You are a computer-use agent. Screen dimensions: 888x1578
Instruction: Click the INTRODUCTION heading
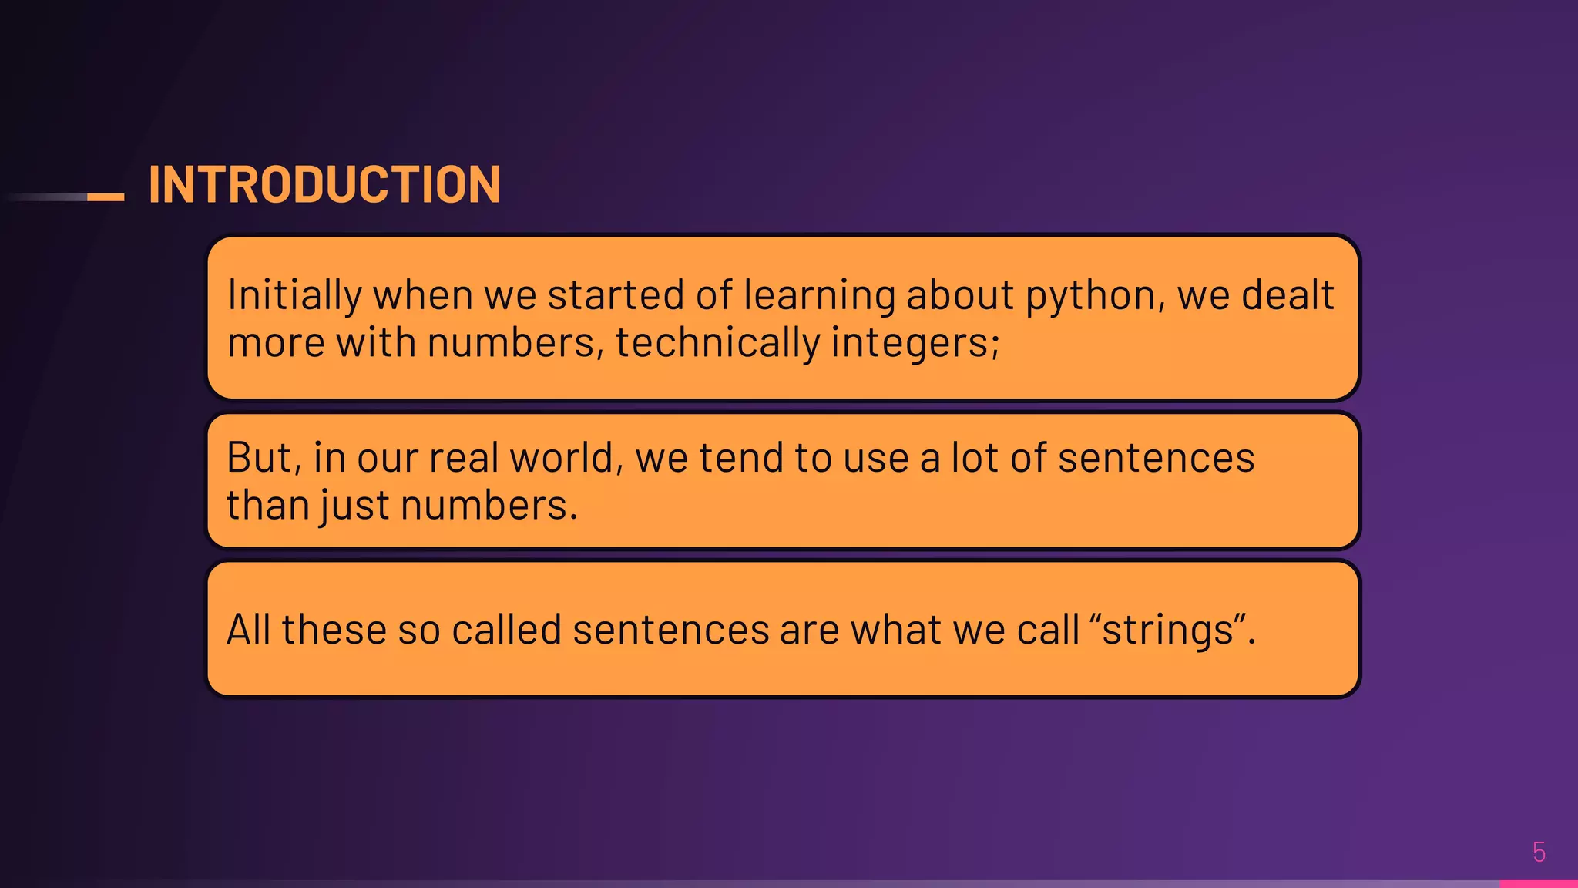click(324, 185)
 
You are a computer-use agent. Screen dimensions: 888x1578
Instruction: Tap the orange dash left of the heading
click(106, 197)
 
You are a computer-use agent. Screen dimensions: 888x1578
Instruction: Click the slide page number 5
click(1539, 852)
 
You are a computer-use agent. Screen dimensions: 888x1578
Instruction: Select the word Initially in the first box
click(294, 295)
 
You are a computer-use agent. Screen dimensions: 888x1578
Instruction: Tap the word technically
click(717, 343)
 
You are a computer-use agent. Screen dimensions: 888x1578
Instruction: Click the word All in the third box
click(248, 630)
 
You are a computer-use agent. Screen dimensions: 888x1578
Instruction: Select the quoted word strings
click(1168, 631)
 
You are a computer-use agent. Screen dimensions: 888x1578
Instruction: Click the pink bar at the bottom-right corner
click(1538, 883)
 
